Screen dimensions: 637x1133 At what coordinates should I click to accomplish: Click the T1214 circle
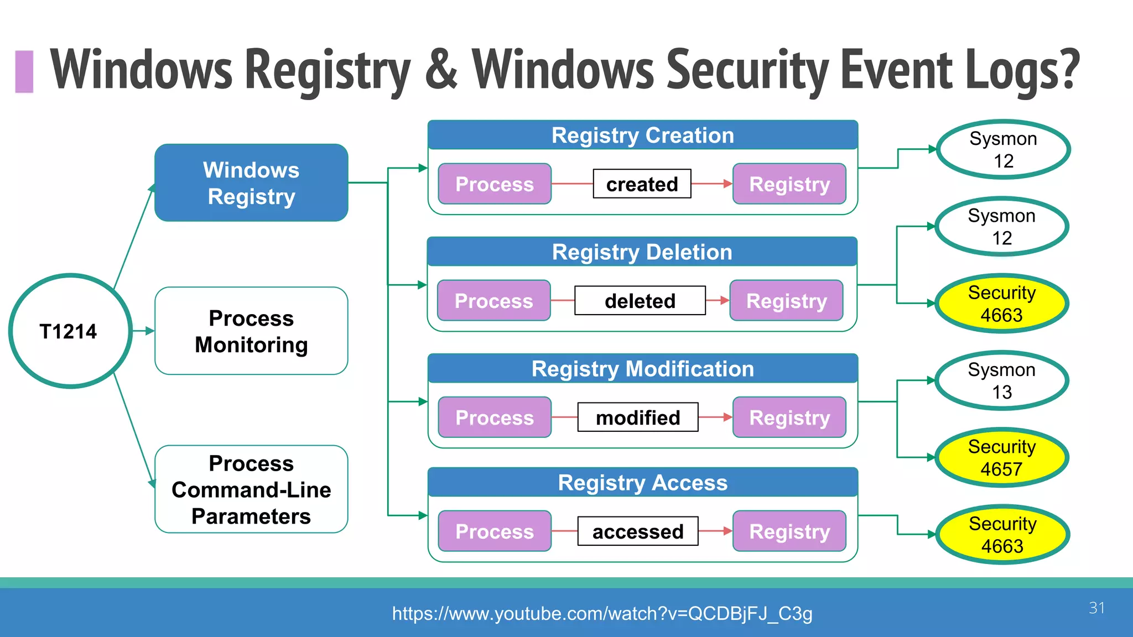coord(70,331)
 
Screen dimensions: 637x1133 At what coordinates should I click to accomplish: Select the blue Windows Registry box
coord(251,183)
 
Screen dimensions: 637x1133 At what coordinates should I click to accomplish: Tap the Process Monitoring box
coord(251,331)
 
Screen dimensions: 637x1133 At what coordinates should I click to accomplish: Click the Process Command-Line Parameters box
coord(251,489)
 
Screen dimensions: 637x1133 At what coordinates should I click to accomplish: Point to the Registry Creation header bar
coord(642,135)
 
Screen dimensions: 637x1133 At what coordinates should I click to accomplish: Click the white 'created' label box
coord(642,184)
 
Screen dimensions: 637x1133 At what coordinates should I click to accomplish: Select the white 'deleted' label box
coord(640,301)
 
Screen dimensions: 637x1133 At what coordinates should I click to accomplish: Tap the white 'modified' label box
coord(638,417)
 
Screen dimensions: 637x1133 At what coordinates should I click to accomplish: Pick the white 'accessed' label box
coord(638,531)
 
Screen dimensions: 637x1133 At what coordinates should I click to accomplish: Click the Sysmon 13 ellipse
coord(1001,380)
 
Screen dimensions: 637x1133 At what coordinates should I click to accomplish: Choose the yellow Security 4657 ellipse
coord(1001,457)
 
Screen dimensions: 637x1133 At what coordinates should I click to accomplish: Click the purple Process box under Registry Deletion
coord(493,301)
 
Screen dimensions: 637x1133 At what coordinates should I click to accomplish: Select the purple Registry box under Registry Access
coord(789,531)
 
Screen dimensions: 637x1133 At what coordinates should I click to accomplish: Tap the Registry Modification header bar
coord(642,369)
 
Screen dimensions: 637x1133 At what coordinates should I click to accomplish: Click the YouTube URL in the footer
coord(602,613)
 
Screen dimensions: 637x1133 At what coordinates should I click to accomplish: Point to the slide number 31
coord(1096,608)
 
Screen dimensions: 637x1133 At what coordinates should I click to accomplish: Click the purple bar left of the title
coord(24,71)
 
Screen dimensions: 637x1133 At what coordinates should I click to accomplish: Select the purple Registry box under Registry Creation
coord(789,184)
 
